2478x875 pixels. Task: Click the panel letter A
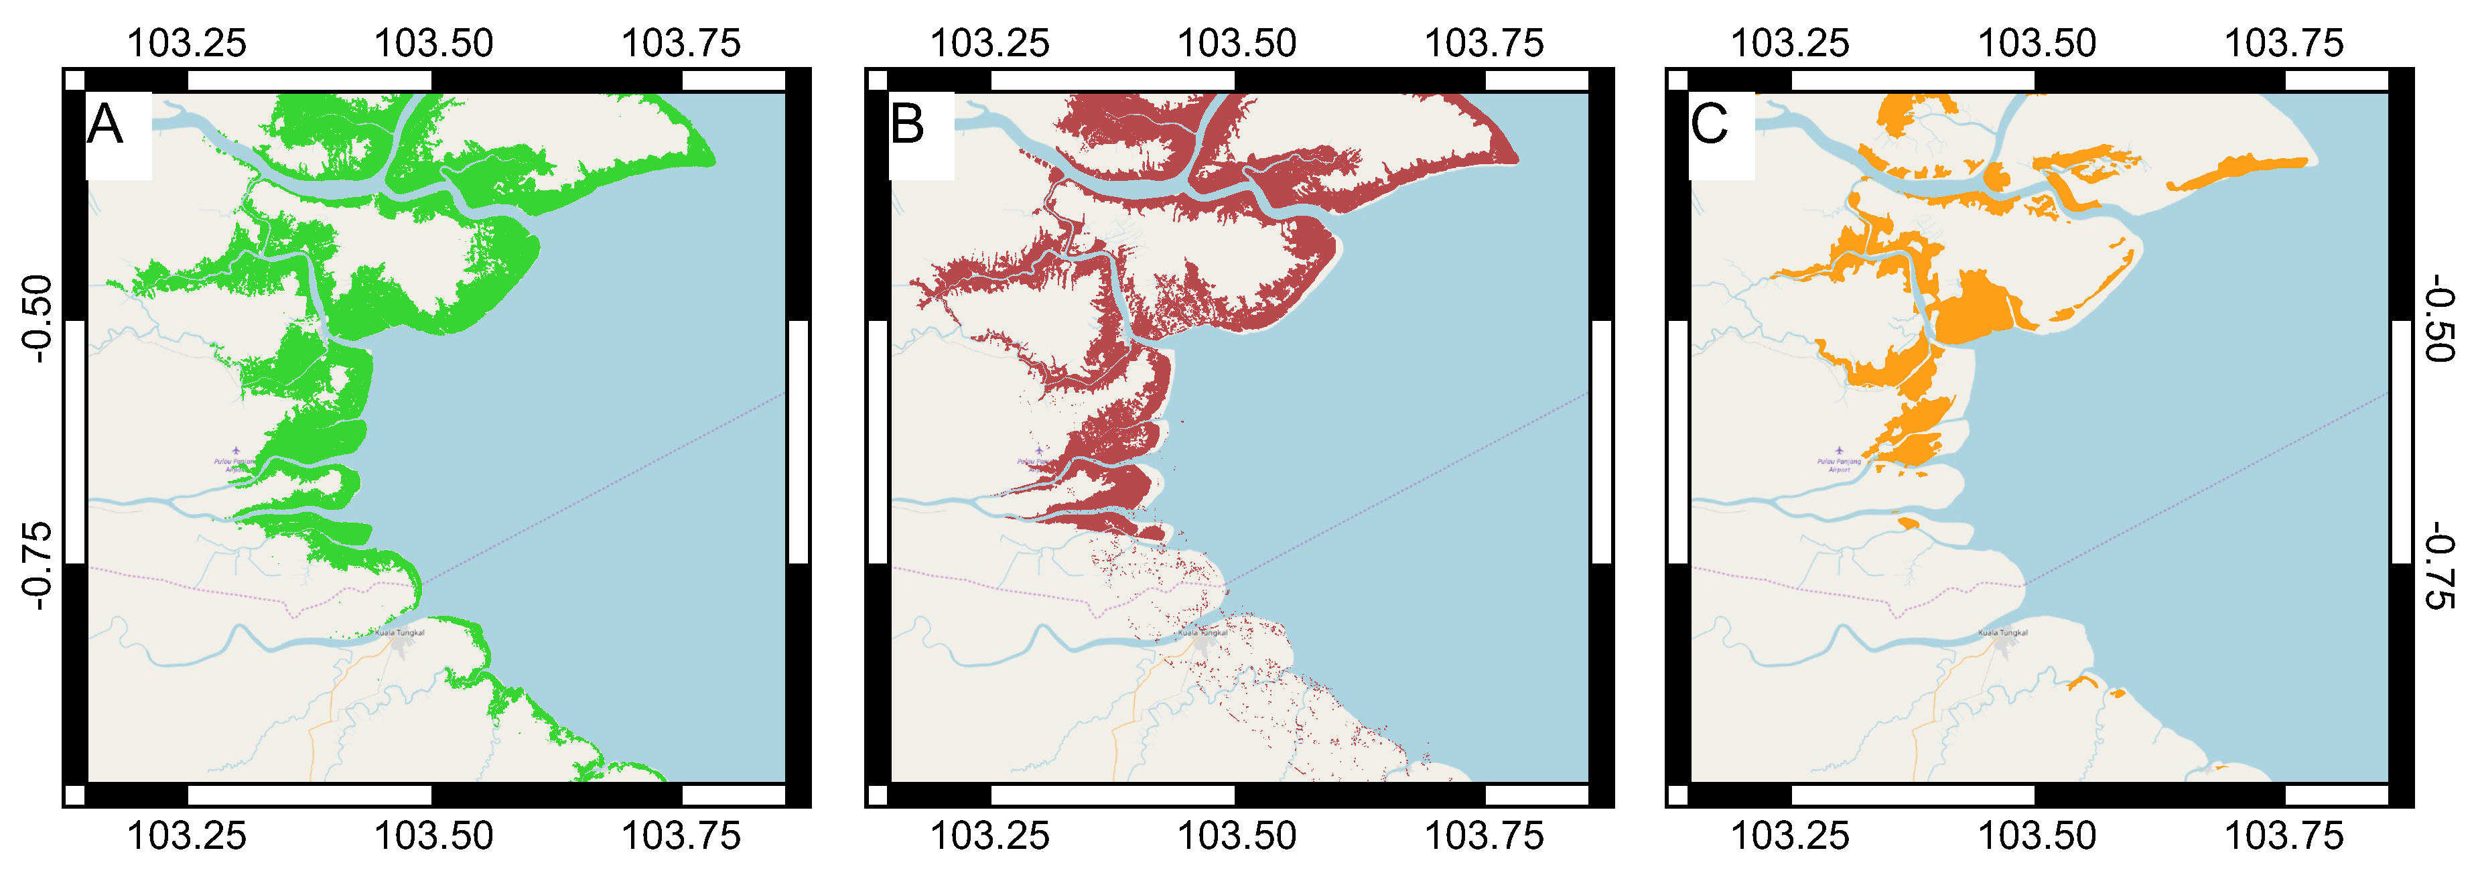[105, 125]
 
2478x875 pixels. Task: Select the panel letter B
[906, 125]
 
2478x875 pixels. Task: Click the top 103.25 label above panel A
[187, 44]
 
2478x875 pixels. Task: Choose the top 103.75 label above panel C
[2284, 44]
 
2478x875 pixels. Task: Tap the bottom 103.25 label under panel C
[1789, 835]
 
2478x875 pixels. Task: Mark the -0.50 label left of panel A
[37, 318]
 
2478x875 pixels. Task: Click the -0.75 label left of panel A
[37, 565]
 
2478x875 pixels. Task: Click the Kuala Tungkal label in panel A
[399, 632]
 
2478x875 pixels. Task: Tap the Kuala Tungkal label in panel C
[2003, 632]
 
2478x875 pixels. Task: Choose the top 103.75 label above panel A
[681, 44]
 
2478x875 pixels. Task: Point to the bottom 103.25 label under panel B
[989, 835]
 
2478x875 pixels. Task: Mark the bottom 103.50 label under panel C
[2037, 835]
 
